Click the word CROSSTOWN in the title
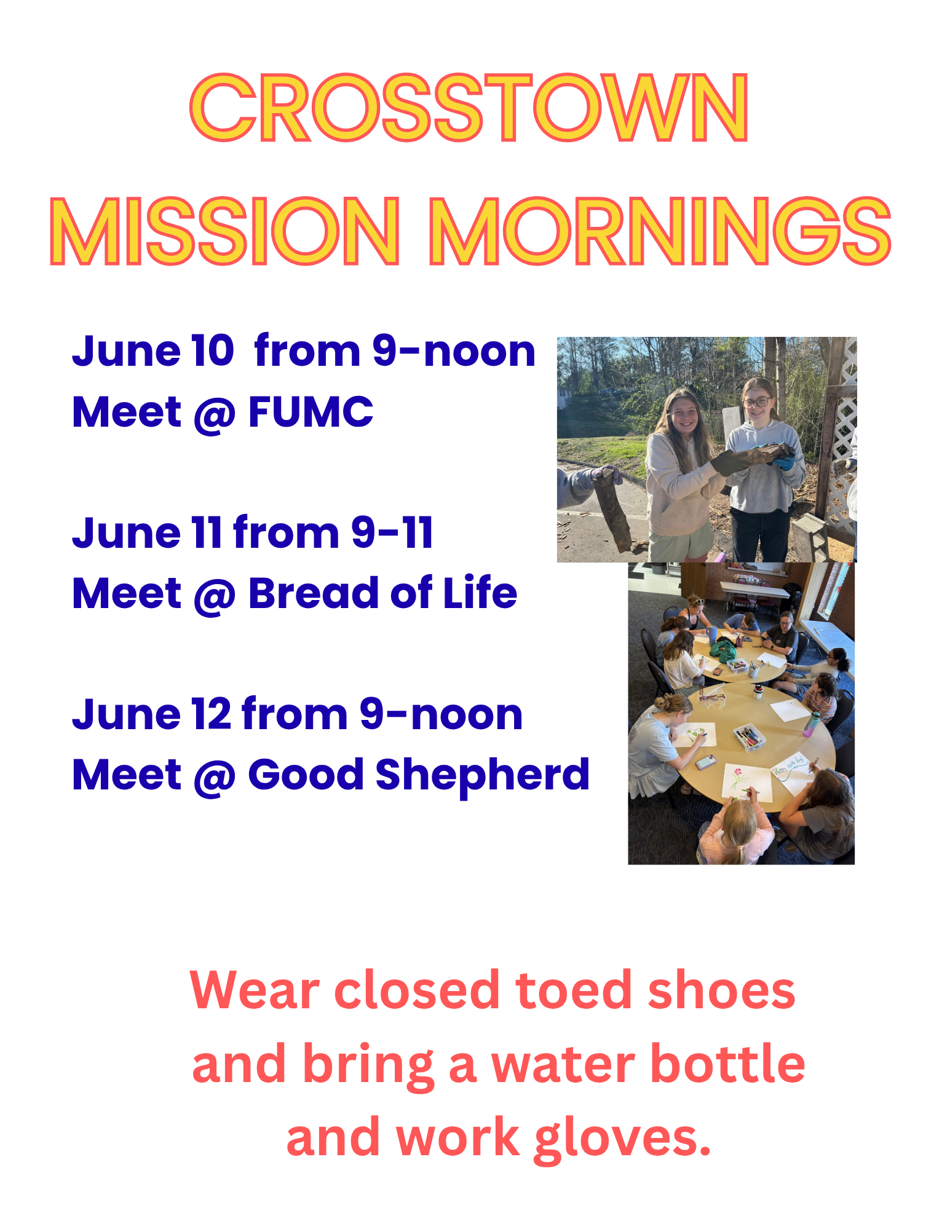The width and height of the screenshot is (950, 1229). pyautogui.click(x=469, y=108)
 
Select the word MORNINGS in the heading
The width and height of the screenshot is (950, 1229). pyautogui.click(x=660, y=231)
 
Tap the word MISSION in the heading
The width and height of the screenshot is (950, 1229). pyautogui.click(x=225, y=231)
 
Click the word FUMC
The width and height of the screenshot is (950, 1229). pyautogui.click(x=311, y=411)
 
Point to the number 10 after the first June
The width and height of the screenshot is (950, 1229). pyautogui.click(x=213, y=352)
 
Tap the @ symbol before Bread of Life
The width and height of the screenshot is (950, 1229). pyautogui.click(x=215, y=595)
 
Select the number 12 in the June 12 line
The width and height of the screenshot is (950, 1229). pyautogui.click(x=211, y=714)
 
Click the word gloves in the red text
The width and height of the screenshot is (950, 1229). pyautogui.click(x=622, y=1139)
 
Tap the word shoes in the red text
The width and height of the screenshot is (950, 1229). pyautogui.click(x=721, y=990)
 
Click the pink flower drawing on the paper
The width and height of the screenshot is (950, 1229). pyautogui.click(x=736, y=772)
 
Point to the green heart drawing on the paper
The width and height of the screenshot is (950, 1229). pyautogui.click(x=693, y=734)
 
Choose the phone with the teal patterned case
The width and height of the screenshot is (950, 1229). pyautogui.click(x=705, y=762)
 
